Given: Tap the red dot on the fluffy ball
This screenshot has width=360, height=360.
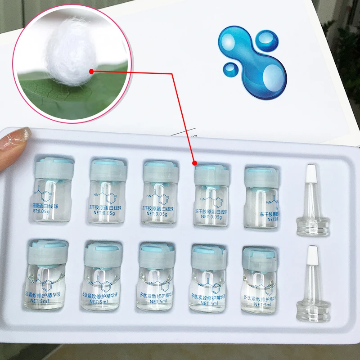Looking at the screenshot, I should [92, 71].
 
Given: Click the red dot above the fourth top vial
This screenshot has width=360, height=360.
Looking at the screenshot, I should [194, 162].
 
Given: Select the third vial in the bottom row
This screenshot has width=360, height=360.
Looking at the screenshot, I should [156, 277].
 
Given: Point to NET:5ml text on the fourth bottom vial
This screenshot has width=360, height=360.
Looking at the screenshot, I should [207, 303].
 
